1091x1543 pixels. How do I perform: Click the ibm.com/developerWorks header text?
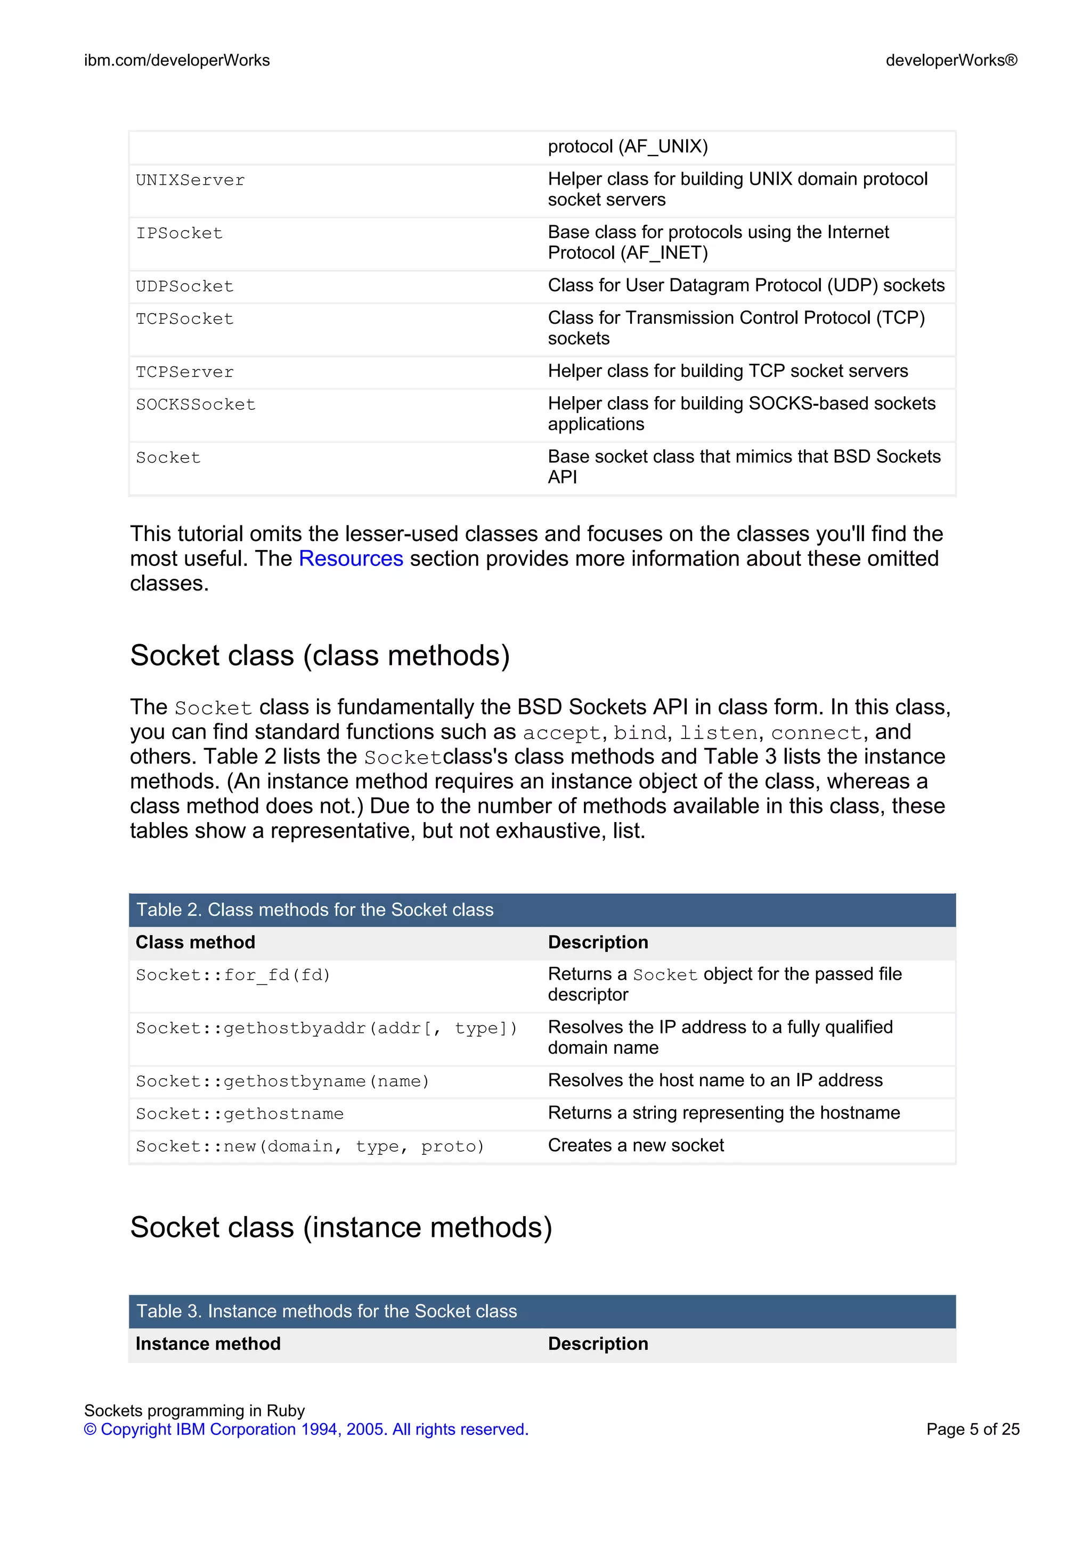coord(177,61)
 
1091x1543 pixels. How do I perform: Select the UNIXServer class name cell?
coord(190,181)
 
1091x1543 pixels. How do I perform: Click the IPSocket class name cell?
coord(179,234)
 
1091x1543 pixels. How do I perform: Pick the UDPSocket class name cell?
coord(185,287)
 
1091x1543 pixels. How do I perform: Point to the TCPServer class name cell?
coord(185,372)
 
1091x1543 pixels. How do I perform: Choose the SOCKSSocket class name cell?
coord(196,405)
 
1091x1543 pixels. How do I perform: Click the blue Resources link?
coord(351,559)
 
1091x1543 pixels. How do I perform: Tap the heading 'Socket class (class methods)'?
coord(320,655)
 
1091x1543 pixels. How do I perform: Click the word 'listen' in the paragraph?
coord(718,733)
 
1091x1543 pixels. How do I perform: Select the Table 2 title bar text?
coord(315,910)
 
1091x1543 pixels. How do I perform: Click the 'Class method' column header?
coord(196,942)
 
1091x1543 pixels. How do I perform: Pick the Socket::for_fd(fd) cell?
coord(233,975)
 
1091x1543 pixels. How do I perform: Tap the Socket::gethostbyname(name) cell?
coord(282,1081)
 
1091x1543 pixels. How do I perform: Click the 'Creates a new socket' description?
coord(636,1145)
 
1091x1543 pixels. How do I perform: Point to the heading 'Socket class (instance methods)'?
coord(341,1227)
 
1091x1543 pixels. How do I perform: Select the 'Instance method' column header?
coord(208,1343)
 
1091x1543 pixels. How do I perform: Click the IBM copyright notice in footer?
coord(306,1430)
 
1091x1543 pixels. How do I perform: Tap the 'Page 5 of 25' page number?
coord(972,1430)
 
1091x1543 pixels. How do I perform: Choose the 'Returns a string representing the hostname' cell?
coord(723,1113)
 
